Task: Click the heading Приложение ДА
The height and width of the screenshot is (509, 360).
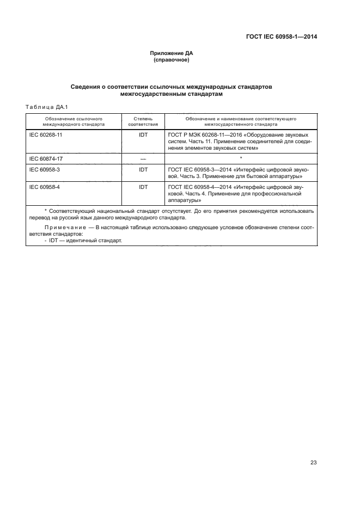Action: (172, 53)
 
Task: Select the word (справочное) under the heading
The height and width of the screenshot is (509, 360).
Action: (172, 60)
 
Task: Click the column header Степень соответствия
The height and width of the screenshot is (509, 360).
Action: (143, 120)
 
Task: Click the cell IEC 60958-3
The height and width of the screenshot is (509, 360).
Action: (44, 170)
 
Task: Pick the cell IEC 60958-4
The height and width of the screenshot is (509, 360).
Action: (44, 187)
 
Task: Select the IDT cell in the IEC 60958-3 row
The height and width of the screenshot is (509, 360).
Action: (143, 170)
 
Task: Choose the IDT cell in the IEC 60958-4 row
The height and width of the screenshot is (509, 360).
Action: (143, 187)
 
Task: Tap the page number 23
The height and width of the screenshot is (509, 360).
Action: (313, 463)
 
